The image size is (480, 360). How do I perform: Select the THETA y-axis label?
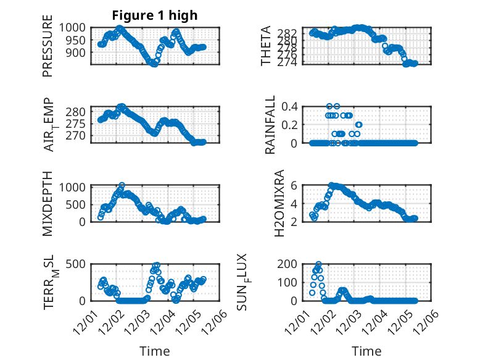click(266, 46)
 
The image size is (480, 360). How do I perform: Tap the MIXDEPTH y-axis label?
click(48, 203)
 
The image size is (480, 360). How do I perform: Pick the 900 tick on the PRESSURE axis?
click(78, 52)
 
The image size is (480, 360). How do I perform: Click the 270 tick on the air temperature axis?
click(78, 135)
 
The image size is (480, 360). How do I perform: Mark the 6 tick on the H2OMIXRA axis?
click(296, 185)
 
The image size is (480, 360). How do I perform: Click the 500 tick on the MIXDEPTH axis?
click(78, 204)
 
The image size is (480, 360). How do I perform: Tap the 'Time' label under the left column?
click(155, 351)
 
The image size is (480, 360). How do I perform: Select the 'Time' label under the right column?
click(367, 351)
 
